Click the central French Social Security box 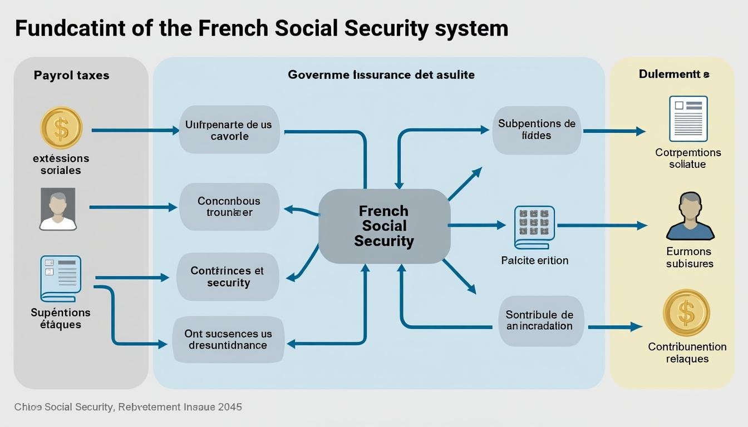click(384, 226)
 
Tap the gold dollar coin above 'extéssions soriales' click(61, 128)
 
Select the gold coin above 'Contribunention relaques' click(686, 312)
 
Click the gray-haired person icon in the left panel click(58, 209)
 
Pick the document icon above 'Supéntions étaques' click(61, 279)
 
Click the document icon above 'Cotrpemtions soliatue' click(688, 118)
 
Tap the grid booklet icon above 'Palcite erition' click(534, 227)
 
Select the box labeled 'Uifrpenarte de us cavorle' click(229, 130)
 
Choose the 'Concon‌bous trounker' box click(229, 207)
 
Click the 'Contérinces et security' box click(228, 277)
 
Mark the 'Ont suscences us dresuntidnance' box click(228, 339)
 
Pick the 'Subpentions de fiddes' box click(537, 130)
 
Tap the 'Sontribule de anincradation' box click(539, 320)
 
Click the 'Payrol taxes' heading click(71, 75)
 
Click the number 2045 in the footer click(230, 407)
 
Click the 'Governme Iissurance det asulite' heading click(381, 75)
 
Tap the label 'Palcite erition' click(535, 260)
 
